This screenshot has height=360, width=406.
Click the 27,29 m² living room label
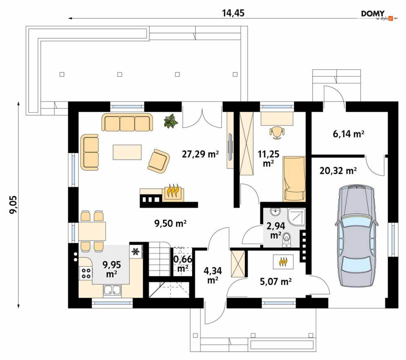(200, 154)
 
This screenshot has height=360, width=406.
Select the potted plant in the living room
(171, 121)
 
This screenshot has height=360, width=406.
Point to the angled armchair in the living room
(158, 161)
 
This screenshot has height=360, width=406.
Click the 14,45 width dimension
(233, 13)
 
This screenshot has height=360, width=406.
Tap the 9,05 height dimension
(13, 204)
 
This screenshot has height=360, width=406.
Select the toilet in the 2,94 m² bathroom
(286, 239)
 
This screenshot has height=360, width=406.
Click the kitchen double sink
(112, 290)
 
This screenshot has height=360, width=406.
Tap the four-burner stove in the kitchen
(86, 273)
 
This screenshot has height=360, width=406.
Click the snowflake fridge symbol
(135, 251)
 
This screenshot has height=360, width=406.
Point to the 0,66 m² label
(182, 263)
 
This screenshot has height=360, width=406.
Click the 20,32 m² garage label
(338, 171)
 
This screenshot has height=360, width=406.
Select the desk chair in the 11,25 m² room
(277, 133)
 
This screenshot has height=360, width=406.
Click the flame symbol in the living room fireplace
(173, 191)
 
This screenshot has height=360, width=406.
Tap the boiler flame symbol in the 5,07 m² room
(284, 262)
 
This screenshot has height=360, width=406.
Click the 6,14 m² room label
(348, 134)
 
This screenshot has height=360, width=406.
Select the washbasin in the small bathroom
(275, 212)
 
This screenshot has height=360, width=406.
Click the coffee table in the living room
(127, 152)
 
